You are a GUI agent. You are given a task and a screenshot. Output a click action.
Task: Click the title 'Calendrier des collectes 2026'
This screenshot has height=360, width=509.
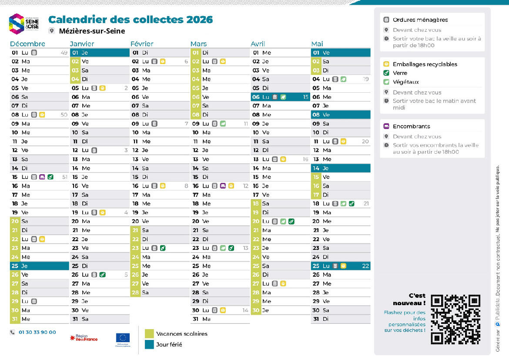(x=131, y=20)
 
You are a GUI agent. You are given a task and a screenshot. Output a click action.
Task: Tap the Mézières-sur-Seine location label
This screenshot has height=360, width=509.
(x=92, y=31)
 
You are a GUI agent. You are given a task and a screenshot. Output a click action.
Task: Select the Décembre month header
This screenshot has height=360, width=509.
(x=27, y=44)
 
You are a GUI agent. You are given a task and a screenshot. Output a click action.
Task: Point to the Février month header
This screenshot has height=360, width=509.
(x=142, y=44)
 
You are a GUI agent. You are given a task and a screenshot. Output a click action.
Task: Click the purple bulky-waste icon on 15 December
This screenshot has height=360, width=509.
(x=42, y=177)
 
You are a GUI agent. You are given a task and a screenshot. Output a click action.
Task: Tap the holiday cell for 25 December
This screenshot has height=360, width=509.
(x=40, y=266)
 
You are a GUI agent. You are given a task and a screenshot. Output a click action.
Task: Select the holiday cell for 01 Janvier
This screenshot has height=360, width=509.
(x=100, y=53)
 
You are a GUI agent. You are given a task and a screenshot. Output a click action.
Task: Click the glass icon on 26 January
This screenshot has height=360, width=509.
(x=102, y=275)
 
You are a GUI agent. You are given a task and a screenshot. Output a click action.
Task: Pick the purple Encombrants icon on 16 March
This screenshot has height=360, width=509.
(x=223, y=186)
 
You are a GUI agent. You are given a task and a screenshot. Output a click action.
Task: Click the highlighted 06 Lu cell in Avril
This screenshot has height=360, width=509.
(x=280, y=97)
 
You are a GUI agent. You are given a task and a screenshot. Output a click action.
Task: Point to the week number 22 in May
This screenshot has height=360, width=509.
(x=365, y=266)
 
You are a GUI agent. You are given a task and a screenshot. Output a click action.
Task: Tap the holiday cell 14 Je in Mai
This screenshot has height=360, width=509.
(x=341, y=168)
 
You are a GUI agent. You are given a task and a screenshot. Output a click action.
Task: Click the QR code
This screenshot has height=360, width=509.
(x=455, y=319)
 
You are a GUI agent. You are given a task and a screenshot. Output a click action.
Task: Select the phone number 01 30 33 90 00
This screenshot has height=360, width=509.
(x=37, y=332)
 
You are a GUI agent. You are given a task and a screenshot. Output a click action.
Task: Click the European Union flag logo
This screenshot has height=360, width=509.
(x=123, y=338)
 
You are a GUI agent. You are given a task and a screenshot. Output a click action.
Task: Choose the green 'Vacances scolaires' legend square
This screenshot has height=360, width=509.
(x=149, y=334)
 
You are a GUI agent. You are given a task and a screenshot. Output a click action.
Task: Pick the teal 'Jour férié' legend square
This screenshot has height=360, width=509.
(x=149, y=344)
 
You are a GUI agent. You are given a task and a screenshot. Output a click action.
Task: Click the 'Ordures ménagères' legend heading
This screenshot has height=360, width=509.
(x=420, y=20)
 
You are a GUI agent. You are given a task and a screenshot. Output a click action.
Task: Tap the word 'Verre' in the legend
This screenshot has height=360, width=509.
(x=400, y=73)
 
